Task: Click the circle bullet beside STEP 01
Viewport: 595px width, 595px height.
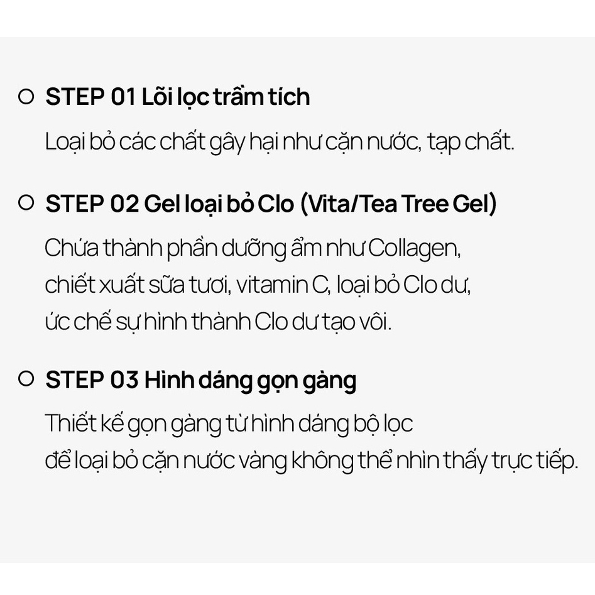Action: pos(26,97)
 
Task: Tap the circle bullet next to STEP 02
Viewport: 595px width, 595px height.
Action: pos(26,204)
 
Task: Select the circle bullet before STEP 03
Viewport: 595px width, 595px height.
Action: pos(26,379)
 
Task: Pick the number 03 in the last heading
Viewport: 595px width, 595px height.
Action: pos(124,380)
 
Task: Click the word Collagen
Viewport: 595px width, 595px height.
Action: pos(415,249)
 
